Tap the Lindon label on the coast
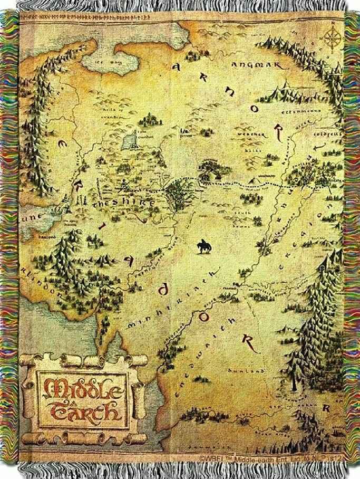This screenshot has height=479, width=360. pos(43,280)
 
